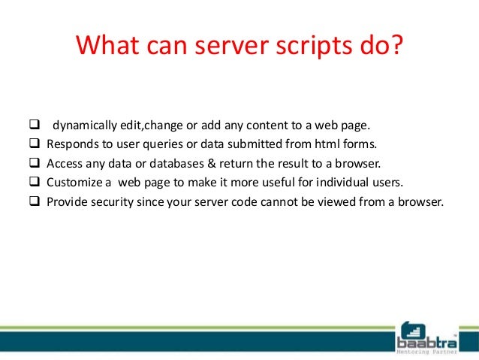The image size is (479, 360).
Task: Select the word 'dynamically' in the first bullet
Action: pyautogui.click(x=81, y=123)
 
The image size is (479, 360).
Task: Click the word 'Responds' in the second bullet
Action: pyautogui.click(x=70, y=143)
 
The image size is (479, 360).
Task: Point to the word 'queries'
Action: pyautogui.click(x=158, y=143)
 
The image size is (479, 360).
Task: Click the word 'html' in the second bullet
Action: pyautogui.click(x=318, y=143)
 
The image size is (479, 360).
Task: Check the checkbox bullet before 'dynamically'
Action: pyautogui.click(x=35, y=123)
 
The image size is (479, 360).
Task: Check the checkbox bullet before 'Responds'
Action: pyautogui.click(x=35, y=143)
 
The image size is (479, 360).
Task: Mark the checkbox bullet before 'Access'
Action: pyautogui.click(x=35, y=162)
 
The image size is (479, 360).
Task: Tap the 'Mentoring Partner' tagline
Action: pyautogui.click(x=430, y=350)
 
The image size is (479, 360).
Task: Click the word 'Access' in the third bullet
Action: pyautogui.click(x=64, y=162)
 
